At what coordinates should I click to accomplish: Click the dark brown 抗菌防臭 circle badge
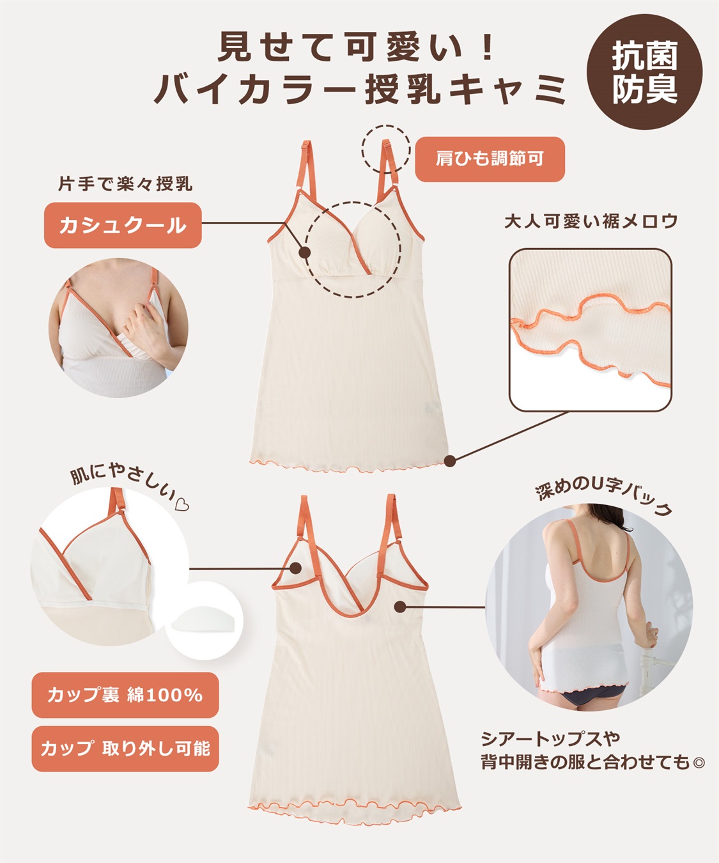pos(644,72)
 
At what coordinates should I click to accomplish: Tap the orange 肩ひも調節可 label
pos(490,159)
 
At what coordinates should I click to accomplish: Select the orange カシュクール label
pos(123,225)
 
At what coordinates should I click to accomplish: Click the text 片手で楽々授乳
pos(125,184)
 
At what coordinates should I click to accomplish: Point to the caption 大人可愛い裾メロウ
pos(591,221)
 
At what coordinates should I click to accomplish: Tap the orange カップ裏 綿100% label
pos(125,694)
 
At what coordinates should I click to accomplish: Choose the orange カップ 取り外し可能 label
pos(125,748)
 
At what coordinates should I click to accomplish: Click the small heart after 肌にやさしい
pos(182,506)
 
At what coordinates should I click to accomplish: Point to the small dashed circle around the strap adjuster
pos(385,149)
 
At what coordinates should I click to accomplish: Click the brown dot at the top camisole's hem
pos(450,460)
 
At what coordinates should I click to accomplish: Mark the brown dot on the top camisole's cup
pos(305,253)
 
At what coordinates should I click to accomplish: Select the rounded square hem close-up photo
pos(590,329)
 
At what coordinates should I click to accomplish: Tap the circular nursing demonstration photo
pos(118,327)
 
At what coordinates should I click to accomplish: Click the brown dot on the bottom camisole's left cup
pos(296,568)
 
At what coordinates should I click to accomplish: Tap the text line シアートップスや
pos(550,739)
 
